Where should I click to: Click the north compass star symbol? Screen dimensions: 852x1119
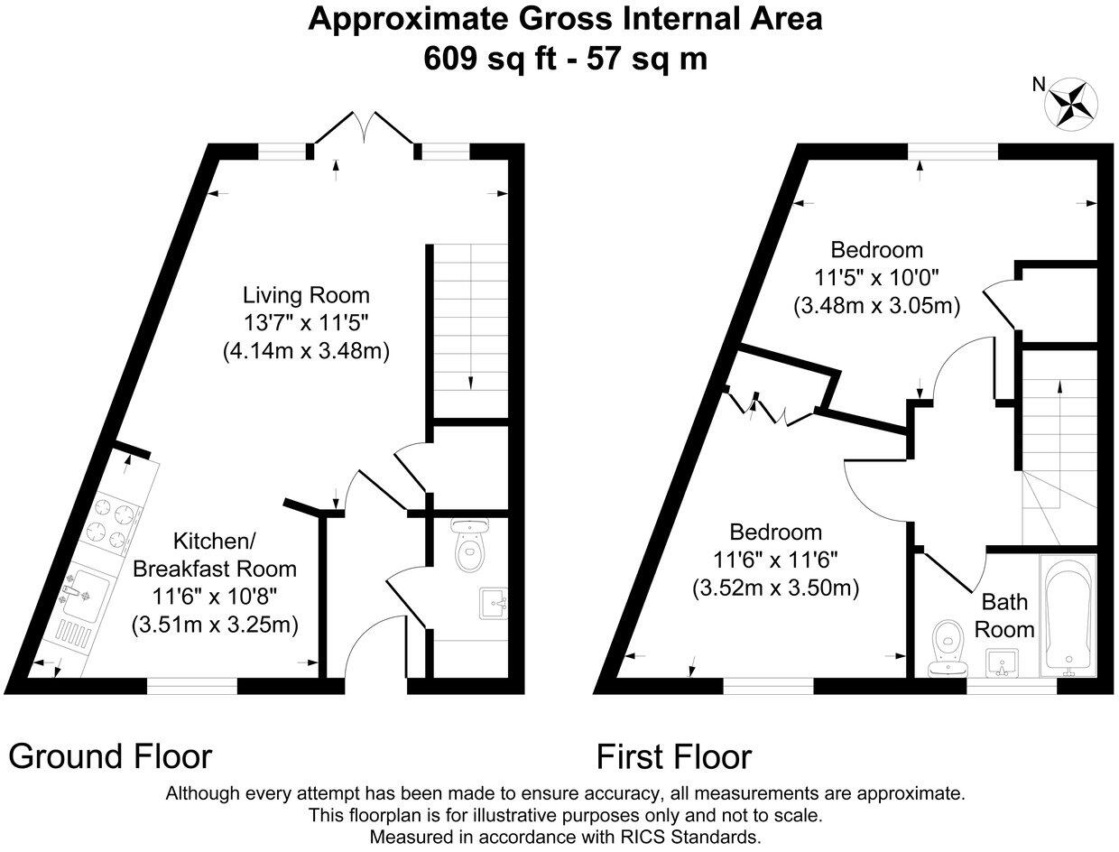tap(1070, 103)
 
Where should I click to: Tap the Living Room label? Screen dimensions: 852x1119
tap(306, 295)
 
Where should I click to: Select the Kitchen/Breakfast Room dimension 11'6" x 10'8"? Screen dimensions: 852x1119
tap(215, 596)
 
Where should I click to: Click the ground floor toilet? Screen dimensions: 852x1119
tap(468, 547)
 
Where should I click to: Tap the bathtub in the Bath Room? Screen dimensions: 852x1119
tap(1068, 616)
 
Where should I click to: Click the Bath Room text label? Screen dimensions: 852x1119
tap(1007, 616)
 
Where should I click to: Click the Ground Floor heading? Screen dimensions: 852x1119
tap(110, 755)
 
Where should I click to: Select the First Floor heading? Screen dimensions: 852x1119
tap(673, 755)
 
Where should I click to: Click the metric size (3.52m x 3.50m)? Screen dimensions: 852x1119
tap(775, 588)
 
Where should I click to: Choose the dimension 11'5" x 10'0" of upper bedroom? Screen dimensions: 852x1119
tap(876, 278)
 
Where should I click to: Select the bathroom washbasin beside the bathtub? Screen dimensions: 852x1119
tap(1002, 664)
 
